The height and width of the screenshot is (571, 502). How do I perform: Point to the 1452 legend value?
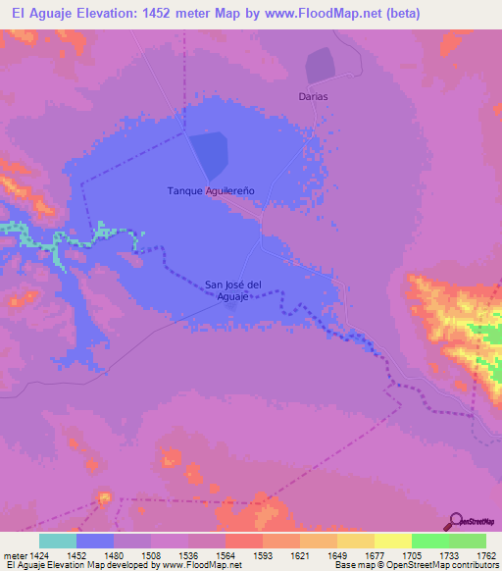[76, 554]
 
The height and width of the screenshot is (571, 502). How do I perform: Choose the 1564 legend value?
[226, 554]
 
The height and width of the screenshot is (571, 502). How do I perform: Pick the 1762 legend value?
[486, 554]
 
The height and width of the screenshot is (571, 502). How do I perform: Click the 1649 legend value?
[337, 554]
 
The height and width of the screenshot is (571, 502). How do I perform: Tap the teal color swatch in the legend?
[58, 541]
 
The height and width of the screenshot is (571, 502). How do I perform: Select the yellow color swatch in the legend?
[393, 541]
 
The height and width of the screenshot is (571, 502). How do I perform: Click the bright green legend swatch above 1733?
[430, 541]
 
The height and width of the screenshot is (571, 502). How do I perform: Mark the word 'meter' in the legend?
[11, 554]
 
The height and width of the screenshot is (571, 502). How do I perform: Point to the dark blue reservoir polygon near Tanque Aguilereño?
[209, 155]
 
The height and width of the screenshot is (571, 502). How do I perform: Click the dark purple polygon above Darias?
[320, 66]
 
